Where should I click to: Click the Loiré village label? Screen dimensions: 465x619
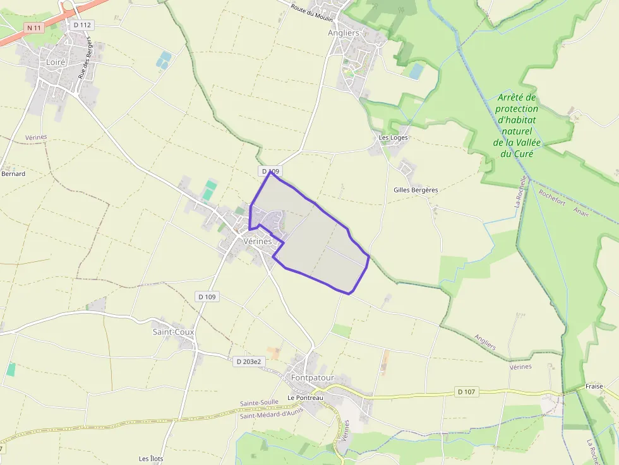(x=56, y=62)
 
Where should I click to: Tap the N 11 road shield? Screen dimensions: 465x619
(x=33, y=28)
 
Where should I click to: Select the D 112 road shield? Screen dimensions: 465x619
(x=82, y=25)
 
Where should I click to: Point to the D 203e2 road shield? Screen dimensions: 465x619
(x=248, y=362)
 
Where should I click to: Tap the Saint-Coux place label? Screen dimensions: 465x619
(x=173, y=331)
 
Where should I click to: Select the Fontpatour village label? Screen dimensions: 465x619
(x=312, y=378)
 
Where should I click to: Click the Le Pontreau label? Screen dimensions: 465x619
(x=305, y=397)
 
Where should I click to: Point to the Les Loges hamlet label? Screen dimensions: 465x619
(x=393, y=138)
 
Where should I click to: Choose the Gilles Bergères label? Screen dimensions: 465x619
(x=415, y=190)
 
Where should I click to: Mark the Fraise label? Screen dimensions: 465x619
(x=594, y=386)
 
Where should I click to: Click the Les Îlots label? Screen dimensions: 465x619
(x=151, y=458)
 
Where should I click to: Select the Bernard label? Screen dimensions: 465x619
(x=13, y=174)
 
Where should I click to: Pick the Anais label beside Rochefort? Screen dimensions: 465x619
(x=581, y=211)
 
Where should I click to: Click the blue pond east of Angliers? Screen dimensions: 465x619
(x=416, y=71)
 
